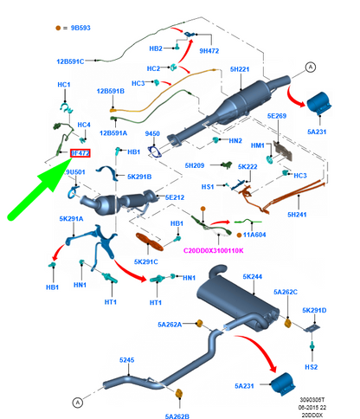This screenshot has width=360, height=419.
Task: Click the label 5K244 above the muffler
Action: [x=252, y=277]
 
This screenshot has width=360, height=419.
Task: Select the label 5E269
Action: [x=276, y=116]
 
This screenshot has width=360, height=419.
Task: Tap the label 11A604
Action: [x=254, y=235]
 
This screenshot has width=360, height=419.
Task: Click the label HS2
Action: [x=312, y=368]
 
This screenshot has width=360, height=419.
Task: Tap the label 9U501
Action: [x=75, y=172]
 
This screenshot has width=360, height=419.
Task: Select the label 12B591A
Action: [x=112, y=132]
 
